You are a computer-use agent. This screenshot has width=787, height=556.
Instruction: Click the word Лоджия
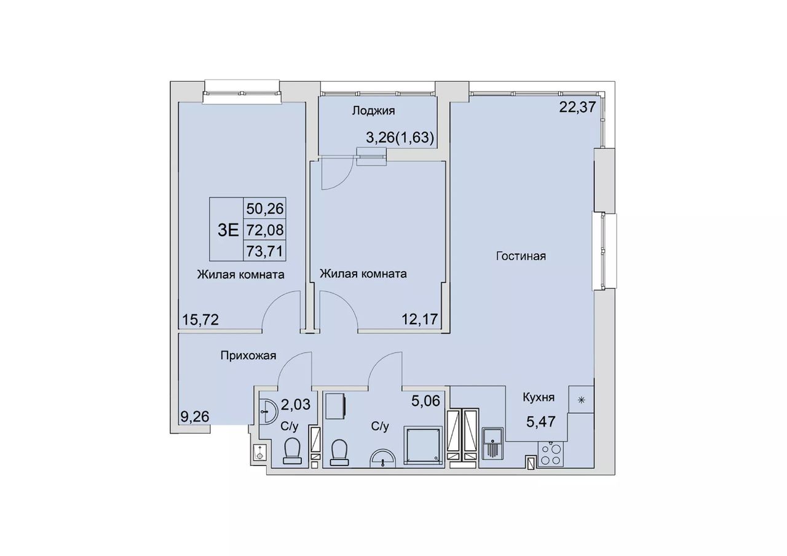coord(373,111)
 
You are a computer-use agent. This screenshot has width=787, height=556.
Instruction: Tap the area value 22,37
coord(577,107)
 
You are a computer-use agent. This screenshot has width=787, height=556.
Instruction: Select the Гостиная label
coord(521,256)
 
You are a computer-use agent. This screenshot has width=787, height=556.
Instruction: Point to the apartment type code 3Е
coord(228,230)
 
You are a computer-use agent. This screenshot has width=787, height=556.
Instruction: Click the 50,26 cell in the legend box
coord(265,208)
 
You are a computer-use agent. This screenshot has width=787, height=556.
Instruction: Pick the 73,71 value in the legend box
coord(265,252)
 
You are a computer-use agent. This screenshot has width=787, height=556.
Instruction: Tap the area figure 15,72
coord(200,319)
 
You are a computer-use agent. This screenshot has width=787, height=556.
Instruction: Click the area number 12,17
coord(420,319)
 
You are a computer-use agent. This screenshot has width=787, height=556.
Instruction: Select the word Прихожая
coord(248,355)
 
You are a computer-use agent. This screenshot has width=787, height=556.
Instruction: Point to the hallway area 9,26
coord(195,416)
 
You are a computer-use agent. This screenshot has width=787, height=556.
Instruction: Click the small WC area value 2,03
coord(296,404)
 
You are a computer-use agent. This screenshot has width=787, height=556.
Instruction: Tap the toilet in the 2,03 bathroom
coord(293,451)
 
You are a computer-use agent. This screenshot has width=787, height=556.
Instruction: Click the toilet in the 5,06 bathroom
coord(340,453)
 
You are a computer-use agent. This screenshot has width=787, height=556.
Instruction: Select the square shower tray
coord(422,445)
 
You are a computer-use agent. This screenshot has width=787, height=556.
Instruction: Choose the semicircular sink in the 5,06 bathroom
coord(383,459)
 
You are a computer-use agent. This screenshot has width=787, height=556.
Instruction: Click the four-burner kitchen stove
coord(550,455)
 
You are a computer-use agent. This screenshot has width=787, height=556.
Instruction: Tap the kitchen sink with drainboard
coord(492,443)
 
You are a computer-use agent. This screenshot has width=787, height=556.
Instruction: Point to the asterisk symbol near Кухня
coord(582,400)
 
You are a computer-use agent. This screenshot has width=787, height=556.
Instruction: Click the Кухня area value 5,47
coord(540,421)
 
